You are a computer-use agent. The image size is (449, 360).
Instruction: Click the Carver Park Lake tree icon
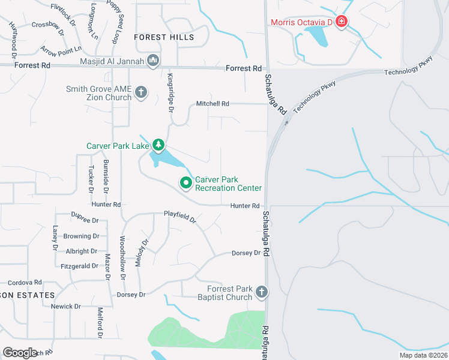click(158, 145)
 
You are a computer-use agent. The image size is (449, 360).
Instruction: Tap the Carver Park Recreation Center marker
click(186, 183)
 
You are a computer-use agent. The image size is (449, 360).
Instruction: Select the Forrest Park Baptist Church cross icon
click(261, 292)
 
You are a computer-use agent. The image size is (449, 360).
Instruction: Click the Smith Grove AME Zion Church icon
click(141, 92)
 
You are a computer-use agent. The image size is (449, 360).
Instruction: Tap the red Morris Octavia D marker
click(341, 22)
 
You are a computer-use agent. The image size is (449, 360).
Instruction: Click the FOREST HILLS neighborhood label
click(164, 37)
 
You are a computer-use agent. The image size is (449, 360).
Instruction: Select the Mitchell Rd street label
click(212, 104)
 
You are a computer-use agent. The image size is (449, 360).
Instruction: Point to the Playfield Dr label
click(180, 217)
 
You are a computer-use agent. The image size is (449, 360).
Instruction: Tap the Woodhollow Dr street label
click(122, 258)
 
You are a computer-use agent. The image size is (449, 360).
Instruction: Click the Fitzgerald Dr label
click(79, 266)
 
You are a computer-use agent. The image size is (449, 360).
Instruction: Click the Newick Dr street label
click(65, 307)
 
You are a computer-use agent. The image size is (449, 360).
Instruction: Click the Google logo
click(20, 353)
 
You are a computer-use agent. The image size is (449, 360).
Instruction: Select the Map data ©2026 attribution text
click(423, 355)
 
